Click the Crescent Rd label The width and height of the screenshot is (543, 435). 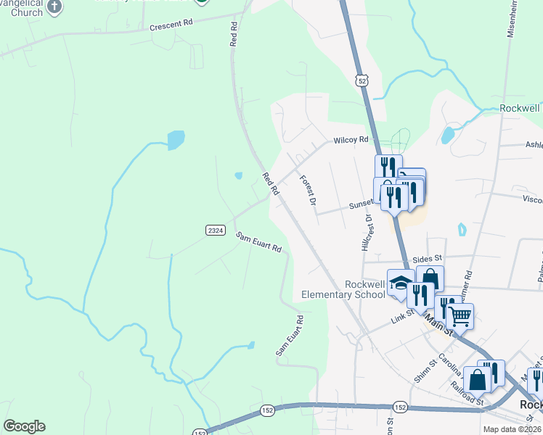(171, 23)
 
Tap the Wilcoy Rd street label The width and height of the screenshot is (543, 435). (351, 139)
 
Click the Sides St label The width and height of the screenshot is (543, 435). (427, 258)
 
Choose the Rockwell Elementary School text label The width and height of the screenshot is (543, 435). (343, 289)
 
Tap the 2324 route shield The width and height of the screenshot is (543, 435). (215, 230)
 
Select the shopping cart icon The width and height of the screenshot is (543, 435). (459, 316)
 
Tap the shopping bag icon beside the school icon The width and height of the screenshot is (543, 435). (430, 279)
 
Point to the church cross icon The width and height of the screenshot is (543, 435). (55, 5)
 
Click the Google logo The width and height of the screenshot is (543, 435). (24, 426)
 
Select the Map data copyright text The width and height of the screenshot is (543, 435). (512, 429)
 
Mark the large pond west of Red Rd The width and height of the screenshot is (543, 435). (176, 139)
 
